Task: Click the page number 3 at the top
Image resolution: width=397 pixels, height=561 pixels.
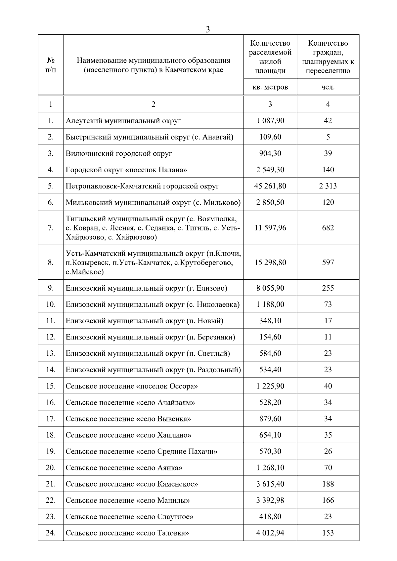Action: [208, 29]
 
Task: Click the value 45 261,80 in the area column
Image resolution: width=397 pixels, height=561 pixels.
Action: [270, 186]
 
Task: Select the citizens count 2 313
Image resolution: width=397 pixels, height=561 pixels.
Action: [328, 186]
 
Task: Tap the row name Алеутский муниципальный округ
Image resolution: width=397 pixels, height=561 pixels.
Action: [123, 121]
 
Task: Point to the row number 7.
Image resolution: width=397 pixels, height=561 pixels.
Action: [51, 228]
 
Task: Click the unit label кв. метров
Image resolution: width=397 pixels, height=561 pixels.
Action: [270, 87]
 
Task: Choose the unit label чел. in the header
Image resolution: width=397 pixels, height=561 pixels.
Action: [328, 87]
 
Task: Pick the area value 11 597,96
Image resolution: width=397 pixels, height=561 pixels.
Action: [270, 228]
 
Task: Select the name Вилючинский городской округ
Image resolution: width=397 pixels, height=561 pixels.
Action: [119, 153]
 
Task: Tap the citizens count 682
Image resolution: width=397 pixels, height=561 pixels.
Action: [328, 228]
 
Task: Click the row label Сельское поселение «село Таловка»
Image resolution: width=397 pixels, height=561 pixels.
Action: [127, 533]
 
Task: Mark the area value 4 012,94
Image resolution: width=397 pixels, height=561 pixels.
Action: [270, 533]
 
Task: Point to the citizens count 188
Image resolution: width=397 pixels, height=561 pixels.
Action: [328, 484]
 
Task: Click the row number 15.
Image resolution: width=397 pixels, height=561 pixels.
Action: [51, 386]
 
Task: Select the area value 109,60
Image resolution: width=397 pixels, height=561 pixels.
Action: [270, 137]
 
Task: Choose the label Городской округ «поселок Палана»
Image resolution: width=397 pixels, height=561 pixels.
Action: [126, 170]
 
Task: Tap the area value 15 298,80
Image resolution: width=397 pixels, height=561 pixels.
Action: [270, 262]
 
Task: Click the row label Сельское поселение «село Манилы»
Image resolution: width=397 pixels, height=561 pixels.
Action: [128, 500]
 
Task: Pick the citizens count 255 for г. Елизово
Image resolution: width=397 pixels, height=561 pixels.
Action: [328, 288]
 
